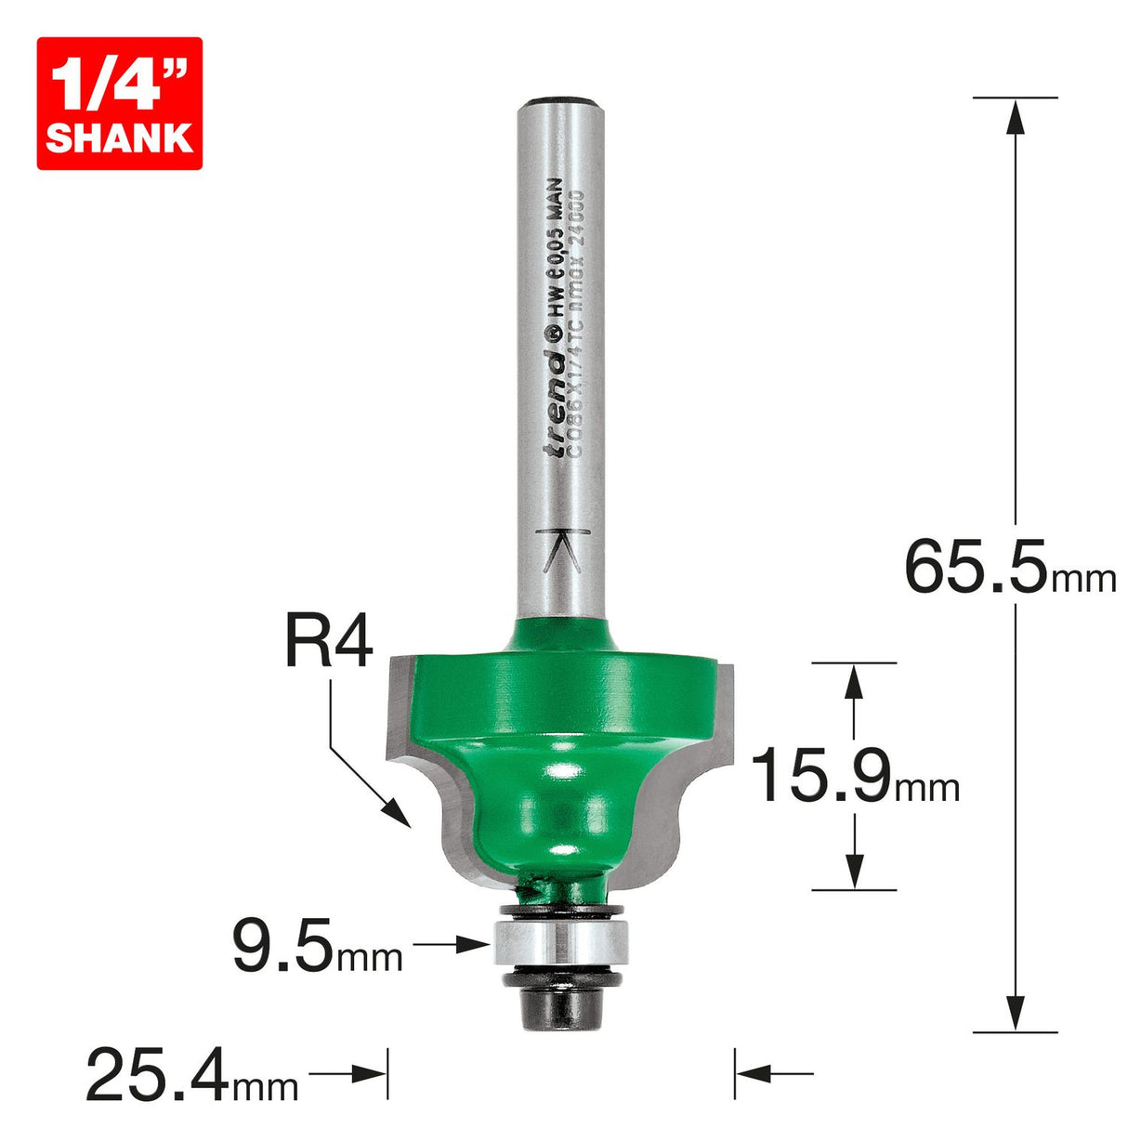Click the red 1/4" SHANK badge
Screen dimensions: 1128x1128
pyautogui.click(x=119, y=103)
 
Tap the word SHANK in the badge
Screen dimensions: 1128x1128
pyautogui.click(x=119, y=138)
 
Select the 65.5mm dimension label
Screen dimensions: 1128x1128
pyautogui.click(x=1008, y=569)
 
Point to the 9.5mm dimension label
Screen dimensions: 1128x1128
pyautogui.click(x=316, y=947)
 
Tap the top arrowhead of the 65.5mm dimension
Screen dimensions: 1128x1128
pyautogui.click(x=1016, y=116)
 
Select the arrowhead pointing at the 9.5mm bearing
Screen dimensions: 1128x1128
pyautogui.click(x=478, y=945)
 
